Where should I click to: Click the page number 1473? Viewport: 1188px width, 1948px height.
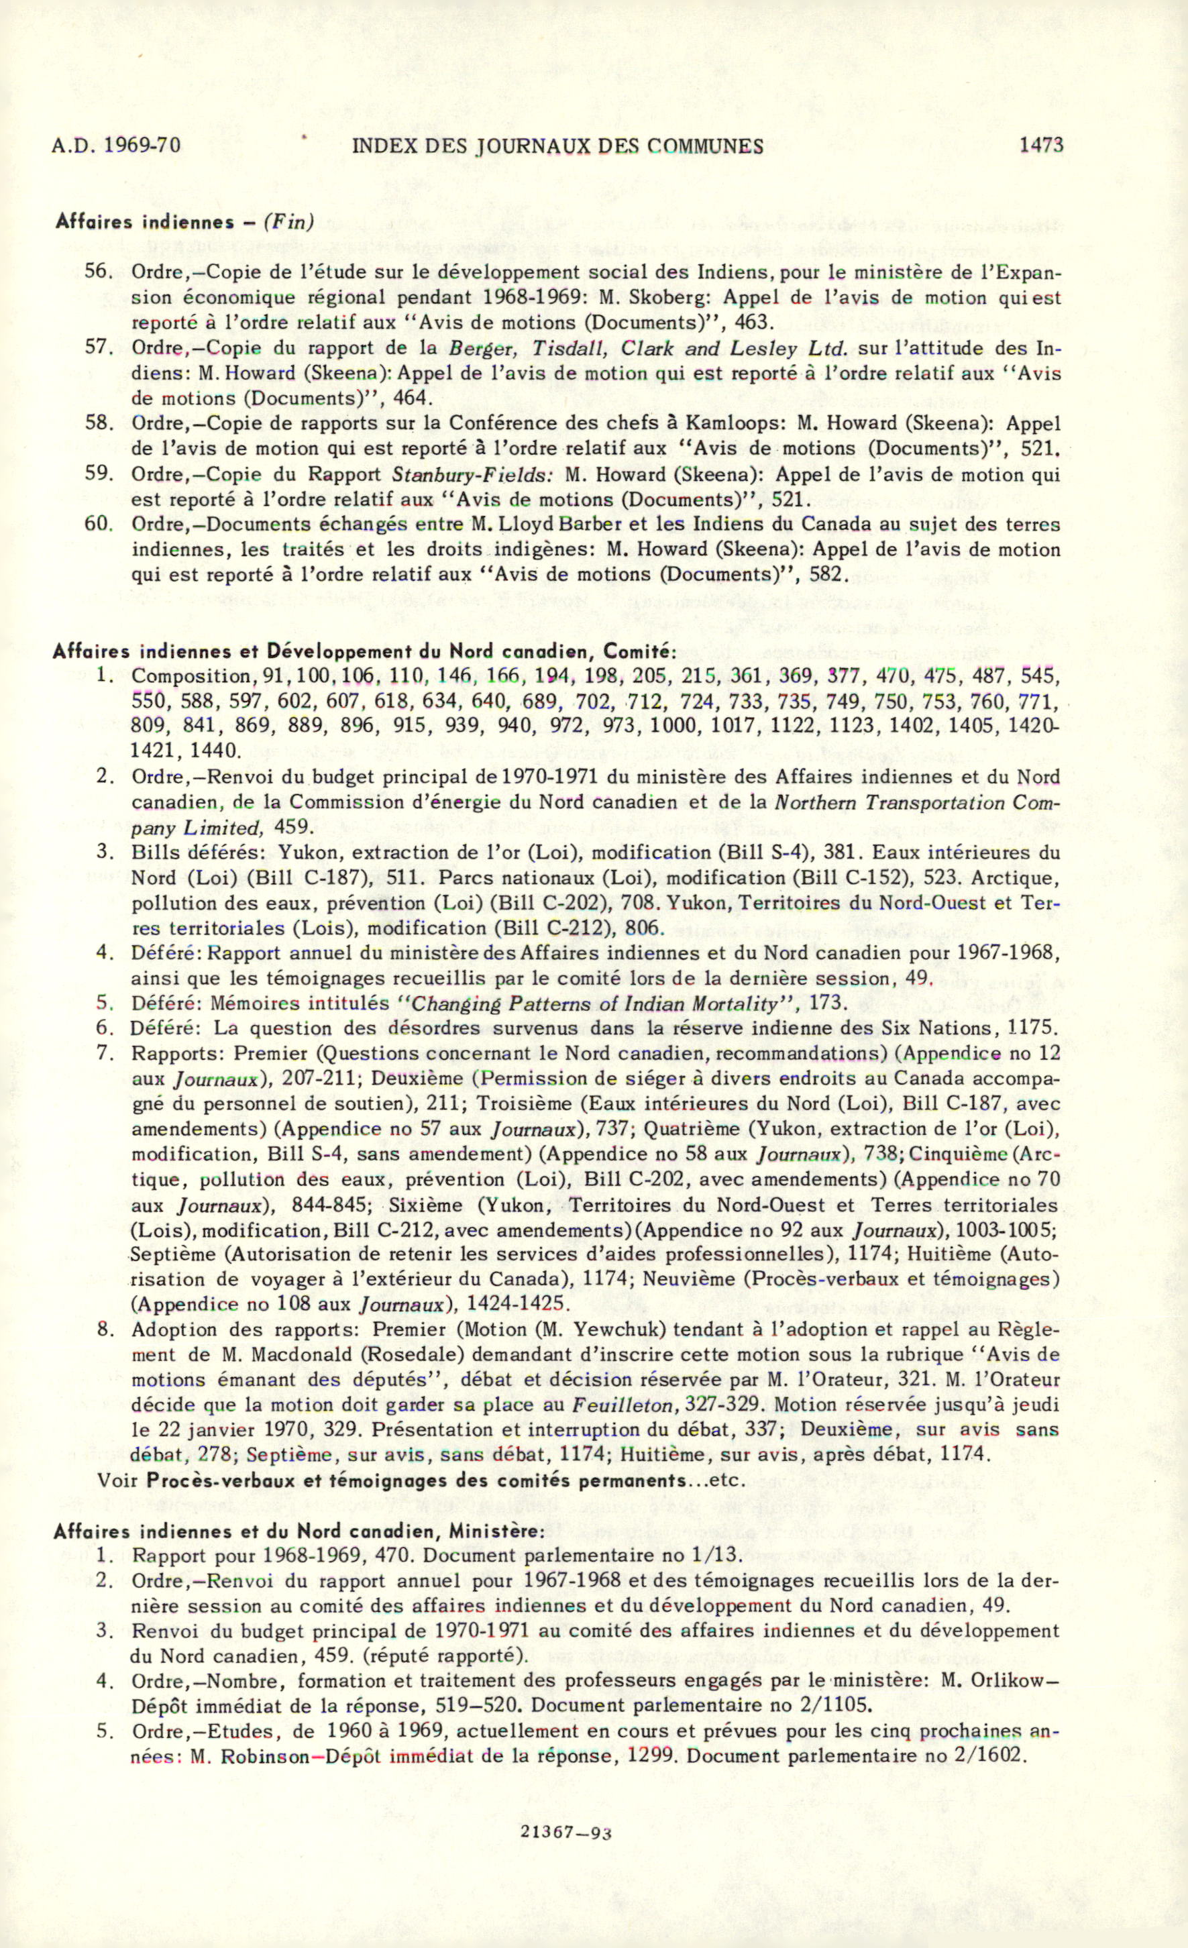pos(1041,145)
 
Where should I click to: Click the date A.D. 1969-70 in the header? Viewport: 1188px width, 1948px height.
pos(116,146)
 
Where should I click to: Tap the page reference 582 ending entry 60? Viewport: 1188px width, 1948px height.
pos(828,574)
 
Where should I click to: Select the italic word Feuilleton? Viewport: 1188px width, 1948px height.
pos(620,1405)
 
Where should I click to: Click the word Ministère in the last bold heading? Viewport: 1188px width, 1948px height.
pos(496,1531)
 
